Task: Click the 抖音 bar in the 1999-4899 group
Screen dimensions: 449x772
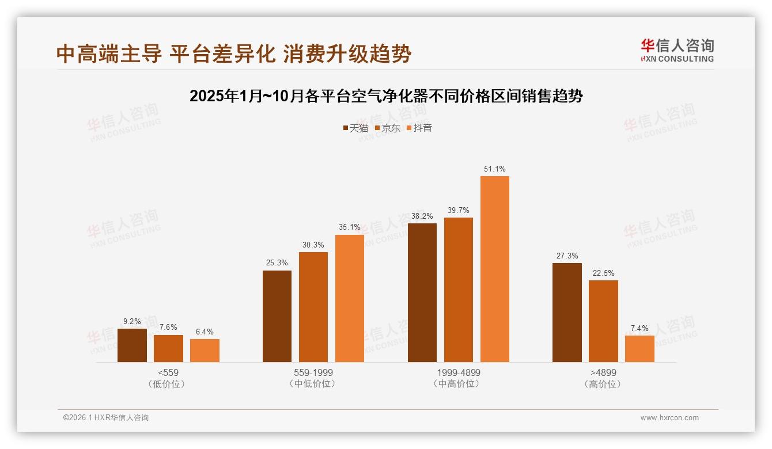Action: [495, 269]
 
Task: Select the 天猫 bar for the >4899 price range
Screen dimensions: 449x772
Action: [567, 313]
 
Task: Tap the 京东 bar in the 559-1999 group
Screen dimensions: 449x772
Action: [313, 307]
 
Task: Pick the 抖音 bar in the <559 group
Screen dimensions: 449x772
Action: [205, 351]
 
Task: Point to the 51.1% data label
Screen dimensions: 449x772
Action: [495, 169]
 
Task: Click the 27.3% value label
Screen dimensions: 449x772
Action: [567, 256]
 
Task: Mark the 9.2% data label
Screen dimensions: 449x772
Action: [132, 322]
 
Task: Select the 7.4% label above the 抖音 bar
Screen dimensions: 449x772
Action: [639, 329]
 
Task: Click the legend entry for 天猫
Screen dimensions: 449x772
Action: [355, 128]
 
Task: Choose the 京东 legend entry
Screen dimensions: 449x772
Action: [387, 128]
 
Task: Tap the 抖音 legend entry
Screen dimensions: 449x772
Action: [419, 128]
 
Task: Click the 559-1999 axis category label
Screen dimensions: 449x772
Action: [313, 373]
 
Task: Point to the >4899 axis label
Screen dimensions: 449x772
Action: [603, 373]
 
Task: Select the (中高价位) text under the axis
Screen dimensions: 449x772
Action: [458, 384]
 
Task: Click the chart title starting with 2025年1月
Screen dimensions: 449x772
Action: [386, 96]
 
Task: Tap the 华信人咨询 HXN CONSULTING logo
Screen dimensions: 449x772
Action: [677, 51]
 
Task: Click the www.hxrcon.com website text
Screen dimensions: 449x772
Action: [669, 418]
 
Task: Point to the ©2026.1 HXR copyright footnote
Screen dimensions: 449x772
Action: [106, 418]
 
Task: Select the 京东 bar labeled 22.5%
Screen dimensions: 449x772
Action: [603, 321]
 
